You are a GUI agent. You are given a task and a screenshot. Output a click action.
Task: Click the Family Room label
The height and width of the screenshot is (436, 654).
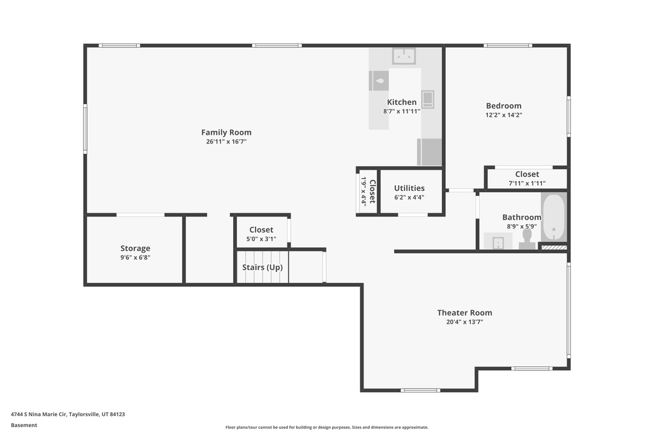pos(226,132)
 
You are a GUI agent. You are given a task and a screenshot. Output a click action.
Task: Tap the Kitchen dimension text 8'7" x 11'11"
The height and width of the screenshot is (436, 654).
pos(402,111)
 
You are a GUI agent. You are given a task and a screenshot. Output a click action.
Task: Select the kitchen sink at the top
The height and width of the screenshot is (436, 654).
pos(404,56)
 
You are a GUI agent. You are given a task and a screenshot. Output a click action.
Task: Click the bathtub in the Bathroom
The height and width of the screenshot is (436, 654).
pos(554,217)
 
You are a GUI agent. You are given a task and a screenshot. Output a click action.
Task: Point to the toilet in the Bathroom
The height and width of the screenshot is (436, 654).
pos(527,239)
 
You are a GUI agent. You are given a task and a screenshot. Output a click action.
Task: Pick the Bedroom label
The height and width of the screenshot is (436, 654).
pos(503,106)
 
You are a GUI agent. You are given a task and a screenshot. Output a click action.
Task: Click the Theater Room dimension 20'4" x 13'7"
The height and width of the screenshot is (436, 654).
pos(465,322)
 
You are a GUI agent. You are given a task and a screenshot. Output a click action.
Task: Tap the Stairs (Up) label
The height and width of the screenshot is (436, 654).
pos(262,267)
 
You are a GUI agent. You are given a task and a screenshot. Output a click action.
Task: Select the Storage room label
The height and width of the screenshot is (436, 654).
pos(135,248)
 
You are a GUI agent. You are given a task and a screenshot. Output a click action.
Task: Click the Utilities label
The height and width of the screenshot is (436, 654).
pos(409,188)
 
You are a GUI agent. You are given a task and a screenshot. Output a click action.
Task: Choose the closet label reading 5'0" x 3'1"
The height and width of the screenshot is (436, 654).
pos(261,239)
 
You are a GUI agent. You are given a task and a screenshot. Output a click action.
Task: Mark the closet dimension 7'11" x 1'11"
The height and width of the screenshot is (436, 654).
pos(527,183)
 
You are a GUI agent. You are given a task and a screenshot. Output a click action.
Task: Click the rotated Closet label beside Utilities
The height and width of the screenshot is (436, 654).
pos(372,192)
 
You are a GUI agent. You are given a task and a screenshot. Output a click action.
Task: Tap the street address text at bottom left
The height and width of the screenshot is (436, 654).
pos(68,414)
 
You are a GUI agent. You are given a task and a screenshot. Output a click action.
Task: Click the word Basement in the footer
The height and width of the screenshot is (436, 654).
pos(24,425)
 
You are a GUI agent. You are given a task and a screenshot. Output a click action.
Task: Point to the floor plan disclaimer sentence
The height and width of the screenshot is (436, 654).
pos(326,427)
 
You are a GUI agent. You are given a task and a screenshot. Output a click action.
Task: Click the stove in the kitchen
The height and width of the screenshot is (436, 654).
pos(427,99)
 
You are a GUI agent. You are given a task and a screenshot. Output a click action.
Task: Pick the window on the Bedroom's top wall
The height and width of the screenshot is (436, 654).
pos(508,45)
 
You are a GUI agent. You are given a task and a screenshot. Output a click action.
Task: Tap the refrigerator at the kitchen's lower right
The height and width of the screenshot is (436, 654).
pos(429,152)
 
